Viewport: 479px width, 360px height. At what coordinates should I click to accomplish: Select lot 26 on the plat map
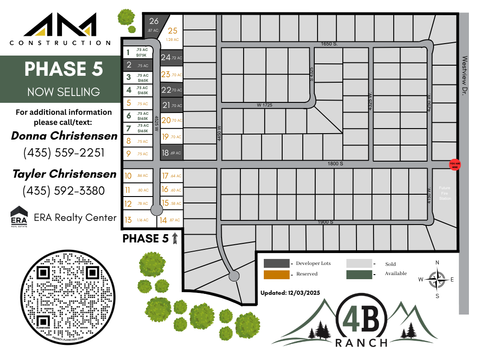154,24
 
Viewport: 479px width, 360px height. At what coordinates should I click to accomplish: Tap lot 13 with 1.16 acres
136,220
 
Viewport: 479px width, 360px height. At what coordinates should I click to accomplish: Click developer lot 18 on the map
172,153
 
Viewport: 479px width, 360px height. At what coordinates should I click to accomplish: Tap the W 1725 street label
264,105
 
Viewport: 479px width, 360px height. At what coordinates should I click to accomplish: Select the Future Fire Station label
445,193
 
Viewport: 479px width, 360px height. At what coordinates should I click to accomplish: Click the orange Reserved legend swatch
277,275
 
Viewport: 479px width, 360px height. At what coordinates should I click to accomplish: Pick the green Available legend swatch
359,275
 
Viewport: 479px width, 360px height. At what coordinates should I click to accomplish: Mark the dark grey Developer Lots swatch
277,264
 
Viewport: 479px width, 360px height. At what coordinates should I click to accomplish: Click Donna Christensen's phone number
64,153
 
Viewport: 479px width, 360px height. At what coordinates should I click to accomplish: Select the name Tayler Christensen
64,174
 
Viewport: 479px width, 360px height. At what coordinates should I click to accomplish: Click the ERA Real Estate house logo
19,217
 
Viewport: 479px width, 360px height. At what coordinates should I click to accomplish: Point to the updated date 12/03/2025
290,292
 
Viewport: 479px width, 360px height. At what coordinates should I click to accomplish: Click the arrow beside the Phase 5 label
174,238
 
